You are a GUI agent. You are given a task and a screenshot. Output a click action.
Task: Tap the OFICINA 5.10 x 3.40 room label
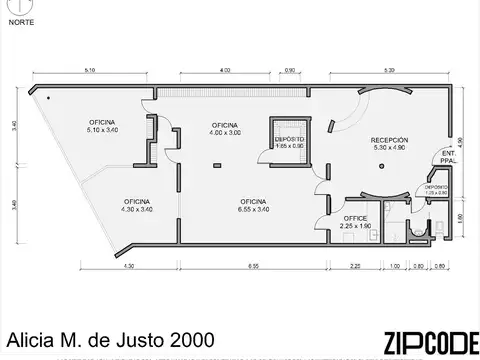pyautogui.click(x=103, y=125)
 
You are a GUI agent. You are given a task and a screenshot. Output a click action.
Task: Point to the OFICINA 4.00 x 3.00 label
pyautogui.click(x=225, y=128)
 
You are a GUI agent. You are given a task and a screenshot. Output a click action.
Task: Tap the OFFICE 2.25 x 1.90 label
pyautogui.click(x=355, y=222)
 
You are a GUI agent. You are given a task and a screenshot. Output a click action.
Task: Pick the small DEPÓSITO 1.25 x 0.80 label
pyautogui.click(x=436, y=190)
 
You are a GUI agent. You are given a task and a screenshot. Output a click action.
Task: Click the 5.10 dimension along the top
pyautogui.click(x=91, y=71)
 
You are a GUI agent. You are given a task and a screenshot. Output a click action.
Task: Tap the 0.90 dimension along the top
pyautogui.click(x=290, y=71)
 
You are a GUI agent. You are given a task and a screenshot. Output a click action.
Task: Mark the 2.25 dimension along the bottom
pyautogui.click(x=357, y=266)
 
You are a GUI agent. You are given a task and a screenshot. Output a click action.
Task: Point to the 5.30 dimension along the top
pyautogui.click(x=388, y=71)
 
